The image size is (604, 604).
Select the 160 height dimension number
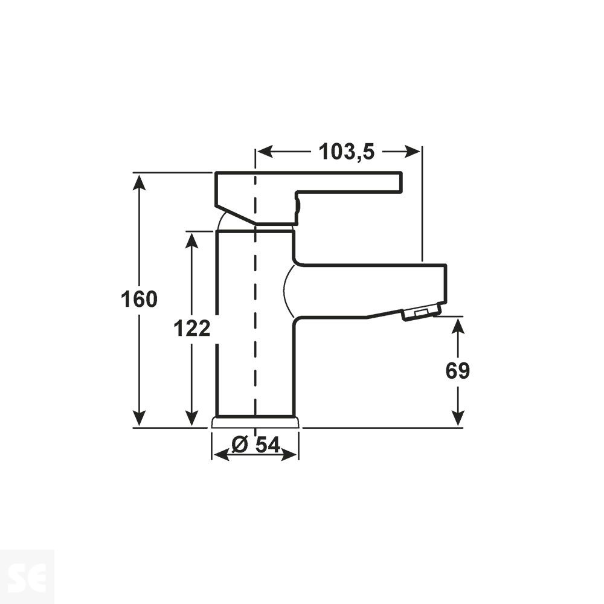point(139,300)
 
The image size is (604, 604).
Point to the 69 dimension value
point(458,371)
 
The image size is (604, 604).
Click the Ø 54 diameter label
point(256,445)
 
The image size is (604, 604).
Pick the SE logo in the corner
point(27,577)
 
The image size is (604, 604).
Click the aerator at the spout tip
point(421,312)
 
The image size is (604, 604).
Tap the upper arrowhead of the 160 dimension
point(140,182)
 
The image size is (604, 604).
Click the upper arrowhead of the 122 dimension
point(191,240)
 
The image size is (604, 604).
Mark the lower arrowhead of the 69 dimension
point(458,417)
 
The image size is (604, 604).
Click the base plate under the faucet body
point(255,422)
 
